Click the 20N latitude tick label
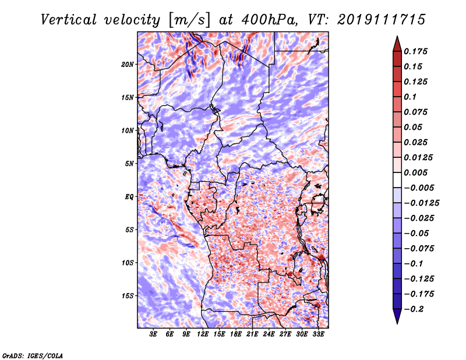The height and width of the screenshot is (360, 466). click(128, 64)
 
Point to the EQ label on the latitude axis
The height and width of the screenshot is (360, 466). click(129, 196)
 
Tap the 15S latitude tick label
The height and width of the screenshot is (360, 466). click(128, 295)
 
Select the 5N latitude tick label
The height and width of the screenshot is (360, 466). click(129, 163)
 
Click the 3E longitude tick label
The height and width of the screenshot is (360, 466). click(154, 334)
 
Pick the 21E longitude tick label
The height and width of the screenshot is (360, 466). click(252, 334)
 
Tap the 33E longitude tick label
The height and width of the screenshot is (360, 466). click(318, 334)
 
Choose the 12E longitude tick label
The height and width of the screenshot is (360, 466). click(203, 334)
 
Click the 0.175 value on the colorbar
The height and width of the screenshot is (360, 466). click(418, 51)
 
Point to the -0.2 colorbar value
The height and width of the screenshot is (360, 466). click(418, 309)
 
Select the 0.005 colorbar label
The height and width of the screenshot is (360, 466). click(418, 172)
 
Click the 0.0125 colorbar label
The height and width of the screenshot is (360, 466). click(419, 157)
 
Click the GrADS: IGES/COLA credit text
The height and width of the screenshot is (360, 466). click(33, 355)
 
